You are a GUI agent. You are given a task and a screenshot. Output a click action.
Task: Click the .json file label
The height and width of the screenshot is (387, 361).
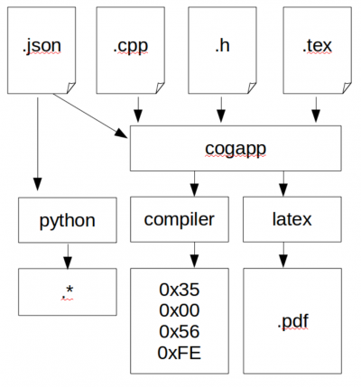tap(42, 46)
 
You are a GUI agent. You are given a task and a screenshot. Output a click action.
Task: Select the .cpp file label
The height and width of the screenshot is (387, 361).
tap(131, 46)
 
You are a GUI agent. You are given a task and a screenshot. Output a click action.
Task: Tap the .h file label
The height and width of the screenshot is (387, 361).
tap(222, 45)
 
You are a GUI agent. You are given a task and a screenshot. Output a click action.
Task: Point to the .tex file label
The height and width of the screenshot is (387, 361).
tap(317, 46)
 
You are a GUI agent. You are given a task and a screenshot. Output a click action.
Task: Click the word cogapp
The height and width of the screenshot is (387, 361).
tap(236, 150)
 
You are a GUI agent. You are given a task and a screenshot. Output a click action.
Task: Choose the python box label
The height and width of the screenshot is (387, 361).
tap(68, 221)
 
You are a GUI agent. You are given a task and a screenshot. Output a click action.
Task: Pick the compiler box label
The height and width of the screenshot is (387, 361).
tap(180, 220)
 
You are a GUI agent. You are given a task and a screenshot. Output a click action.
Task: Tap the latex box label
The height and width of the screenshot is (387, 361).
tap(292, 219)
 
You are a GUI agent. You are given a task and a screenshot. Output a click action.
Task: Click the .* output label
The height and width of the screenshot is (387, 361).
tap(67, 292)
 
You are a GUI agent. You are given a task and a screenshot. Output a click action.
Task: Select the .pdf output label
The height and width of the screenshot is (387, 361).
tap(293, 321)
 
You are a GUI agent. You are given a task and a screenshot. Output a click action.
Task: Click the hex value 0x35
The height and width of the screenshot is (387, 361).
tap(180, 290)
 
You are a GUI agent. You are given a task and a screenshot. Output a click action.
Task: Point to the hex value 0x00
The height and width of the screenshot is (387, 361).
tap(180, 310)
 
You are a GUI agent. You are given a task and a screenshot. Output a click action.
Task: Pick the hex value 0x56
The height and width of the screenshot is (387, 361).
tap(180, 332)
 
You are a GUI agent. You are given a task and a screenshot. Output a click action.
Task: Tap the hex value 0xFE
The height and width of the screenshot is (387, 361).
tap(180, 353)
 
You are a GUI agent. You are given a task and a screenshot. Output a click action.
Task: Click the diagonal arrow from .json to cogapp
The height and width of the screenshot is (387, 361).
tap(90, 116)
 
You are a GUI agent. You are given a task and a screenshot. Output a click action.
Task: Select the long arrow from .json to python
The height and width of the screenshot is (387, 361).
tap(38, 144)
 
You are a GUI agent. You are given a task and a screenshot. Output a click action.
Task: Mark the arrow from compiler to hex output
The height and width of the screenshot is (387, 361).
tap(194, 255)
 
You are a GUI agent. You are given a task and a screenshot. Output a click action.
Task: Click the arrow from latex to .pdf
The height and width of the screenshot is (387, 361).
tap(283, 255)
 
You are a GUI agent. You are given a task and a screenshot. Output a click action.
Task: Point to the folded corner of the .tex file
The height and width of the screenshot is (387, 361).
tap(347, 88)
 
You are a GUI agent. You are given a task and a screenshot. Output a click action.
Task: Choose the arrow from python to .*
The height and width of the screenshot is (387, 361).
tap(68, 256)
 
